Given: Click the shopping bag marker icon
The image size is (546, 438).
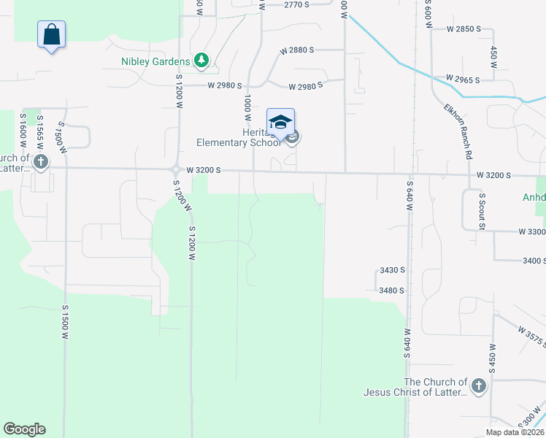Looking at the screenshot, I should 51,34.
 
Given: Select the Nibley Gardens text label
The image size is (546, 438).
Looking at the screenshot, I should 155,61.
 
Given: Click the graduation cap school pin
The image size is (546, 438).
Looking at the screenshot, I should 280,122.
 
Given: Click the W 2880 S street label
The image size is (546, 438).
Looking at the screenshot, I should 296,50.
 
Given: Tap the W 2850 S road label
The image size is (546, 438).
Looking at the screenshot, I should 464,29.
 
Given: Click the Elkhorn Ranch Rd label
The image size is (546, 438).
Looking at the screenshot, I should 458,131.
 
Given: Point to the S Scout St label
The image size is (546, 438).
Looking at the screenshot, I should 482,211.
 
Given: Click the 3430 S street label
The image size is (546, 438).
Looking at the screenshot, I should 392,270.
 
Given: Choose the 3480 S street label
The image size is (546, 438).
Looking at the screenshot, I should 392,291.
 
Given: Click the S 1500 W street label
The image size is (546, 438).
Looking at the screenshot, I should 65,322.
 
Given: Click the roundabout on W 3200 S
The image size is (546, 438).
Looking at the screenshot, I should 176,169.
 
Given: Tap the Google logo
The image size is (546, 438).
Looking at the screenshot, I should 24,429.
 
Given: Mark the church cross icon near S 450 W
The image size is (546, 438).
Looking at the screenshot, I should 478,386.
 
